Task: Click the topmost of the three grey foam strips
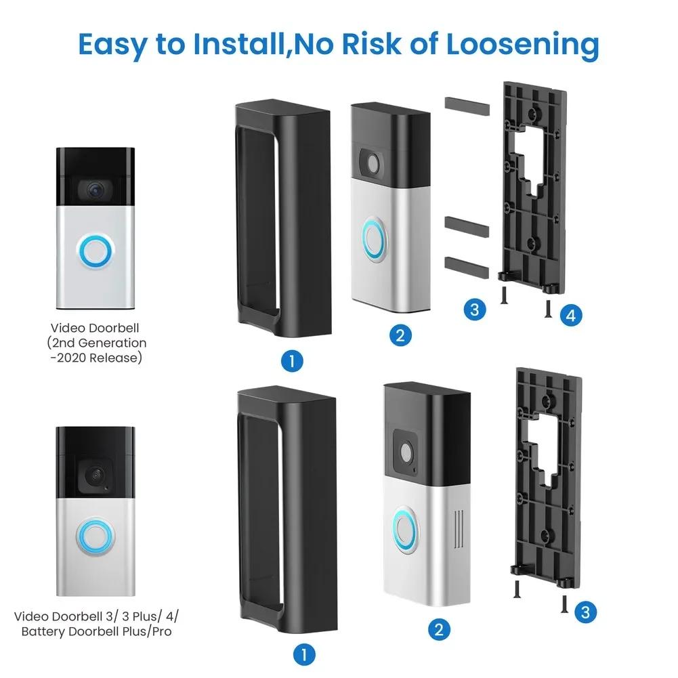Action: (x=467, y=104)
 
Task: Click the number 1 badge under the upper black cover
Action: (x=291, y=360)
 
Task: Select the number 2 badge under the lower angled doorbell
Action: (x=440, y=629)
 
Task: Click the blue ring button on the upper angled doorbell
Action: (x=373, y=238)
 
